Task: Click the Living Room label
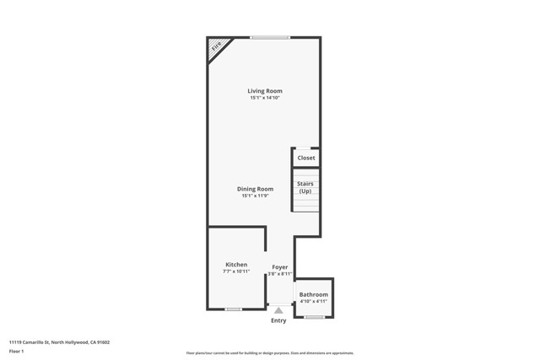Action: click(x=264, y=91)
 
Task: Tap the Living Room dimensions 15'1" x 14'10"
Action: click(x=264, y=98)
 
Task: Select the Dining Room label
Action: click(x=255, y=189)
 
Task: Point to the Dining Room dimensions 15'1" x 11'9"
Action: click(x=255, y=196)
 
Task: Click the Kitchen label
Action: click(x=235, y=265)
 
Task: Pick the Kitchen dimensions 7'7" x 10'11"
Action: click(x=235, y=271)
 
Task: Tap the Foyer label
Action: click(x=279, y=267)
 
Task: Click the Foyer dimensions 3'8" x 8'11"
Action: click(x=279, y=274)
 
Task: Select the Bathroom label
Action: click(x=313, y=294)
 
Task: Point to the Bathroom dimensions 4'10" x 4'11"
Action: click(x=313, y=301)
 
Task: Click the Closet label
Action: click(x=306, y=158)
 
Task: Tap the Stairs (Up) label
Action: click(x=305, y=188)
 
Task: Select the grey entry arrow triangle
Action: click(x=278, y=310)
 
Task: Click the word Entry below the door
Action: click(x=278, y=320)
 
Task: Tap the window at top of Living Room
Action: click(x=270, y=37)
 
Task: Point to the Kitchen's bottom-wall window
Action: click(x=234, y=309)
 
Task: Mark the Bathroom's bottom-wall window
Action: click(x=314, y=317)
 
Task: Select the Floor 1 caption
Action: click(x=17, y=352)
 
